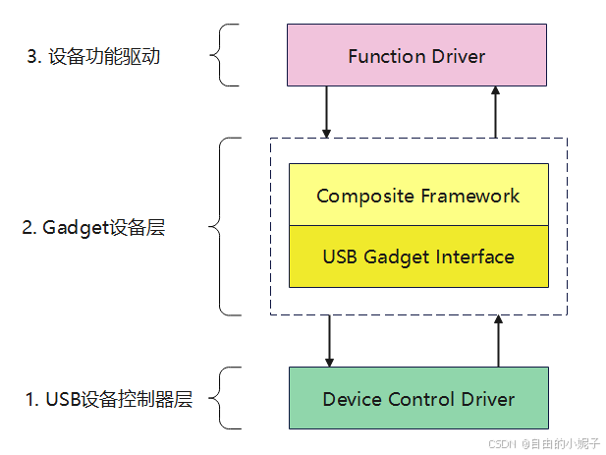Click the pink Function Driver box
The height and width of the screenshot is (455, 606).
tap(417, 56)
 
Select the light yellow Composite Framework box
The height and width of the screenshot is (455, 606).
tap(417, 195)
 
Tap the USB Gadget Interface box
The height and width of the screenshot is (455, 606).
tap(417, 256)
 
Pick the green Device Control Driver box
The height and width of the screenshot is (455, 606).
tap(417, 398)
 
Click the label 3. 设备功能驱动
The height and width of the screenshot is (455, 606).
tap(92, 56)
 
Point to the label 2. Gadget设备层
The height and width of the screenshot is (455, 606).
tap(93, 227)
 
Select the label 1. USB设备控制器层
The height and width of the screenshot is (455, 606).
tap(108, 399)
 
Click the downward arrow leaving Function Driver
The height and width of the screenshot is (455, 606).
tap(328, 111)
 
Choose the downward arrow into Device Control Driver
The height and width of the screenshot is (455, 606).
tap(330, 340)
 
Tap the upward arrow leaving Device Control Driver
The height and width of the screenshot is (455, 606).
tap(499, 340)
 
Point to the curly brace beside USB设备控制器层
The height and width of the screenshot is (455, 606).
tap(228, 398)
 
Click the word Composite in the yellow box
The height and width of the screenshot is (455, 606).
tap(358, 196)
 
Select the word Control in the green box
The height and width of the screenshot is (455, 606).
tap(417, 399)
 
